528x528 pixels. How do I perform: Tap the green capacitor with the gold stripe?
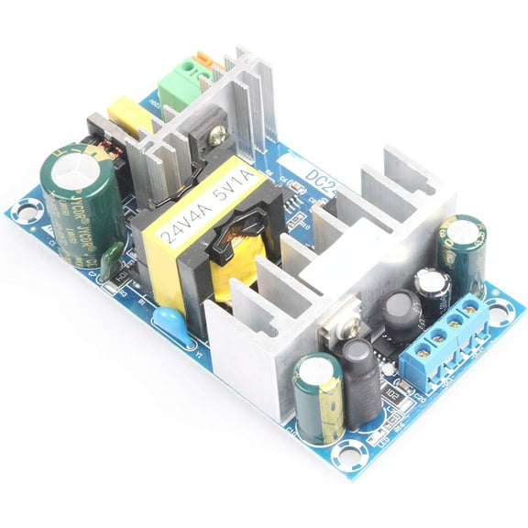318,399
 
